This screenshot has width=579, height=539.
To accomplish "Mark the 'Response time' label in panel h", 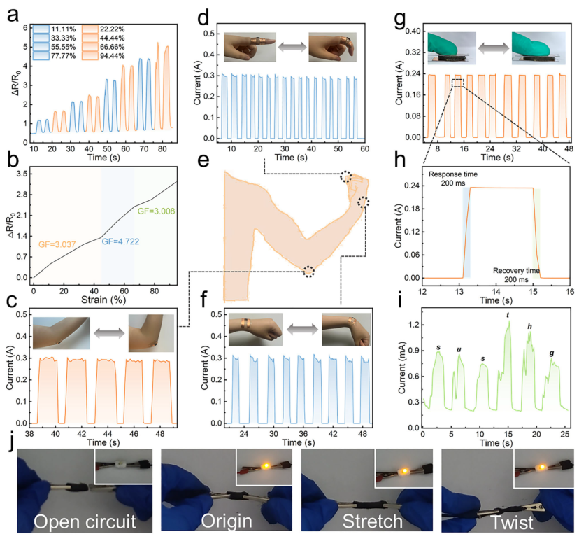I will pos(452,174).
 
